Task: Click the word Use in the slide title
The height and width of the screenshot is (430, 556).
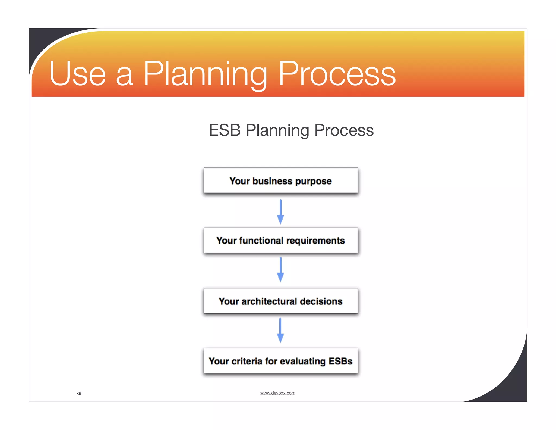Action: (x=77, y=74)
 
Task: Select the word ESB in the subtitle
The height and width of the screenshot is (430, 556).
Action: (x=225, y=130)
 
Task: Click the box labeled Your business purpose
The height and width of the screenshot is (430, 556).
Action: (x=281, y=181)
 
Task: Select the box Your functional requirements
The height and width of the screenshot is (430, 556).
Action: (x=281, y=241)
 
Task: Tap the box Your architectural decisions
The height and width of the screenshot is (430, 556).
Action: (x=281, y=301)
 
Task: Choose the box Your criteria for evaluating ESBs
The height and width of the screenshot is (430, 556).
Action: (x=281, y=361)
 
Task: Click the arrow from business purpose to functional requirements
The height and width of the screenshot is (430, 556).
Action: (x=280, y=212)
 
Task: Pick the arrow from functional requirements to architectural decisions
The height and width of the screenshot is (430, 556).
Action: (x=280, y=270)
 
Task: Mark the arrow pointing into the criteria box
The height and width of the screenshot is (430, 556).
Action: (x=280, y=330)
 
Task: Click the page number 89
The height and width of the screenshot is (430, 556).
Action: (x=79, y=394)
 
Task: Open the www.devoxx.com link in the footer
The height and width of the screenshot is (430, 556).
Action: (x=277, y=393)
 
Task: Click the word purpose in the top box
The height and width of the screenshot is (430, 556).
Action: (x=313, y=181)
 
